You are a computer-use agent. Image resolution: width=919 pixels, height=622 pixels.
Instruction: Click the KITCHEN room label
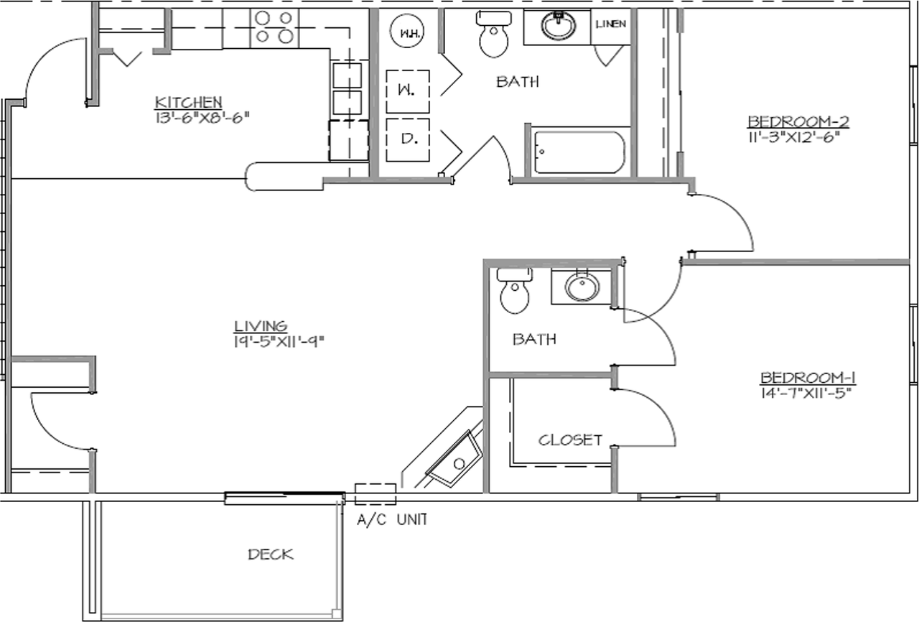188,102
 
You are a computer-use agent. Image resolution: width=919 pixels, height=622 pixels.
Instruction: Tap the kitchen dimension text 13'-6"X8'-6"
202,119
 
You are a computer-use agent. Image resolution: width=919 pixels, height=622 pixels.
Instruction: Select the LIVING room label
261,326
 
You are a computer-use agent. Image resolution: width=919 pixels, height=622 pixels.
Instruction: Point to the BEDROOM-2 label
798,121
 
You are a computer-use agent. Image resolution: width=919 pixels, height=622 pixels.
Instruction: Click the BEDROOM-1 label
808,378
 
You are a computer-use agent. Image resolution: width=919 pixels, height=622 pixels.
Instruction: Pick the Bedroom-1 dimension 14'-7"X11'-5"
806,393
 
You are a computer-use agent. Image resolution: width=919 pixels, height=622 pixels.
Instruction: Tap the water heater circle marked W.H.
406,32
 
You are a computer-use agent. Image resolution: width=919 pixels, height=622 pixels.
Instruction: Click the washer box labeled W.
408,91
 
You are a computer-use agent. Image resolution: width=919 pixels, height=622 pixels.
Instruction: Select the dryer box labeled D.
408,140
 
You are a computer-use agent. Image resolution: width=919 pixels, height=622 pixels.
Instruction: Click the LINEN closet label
611,24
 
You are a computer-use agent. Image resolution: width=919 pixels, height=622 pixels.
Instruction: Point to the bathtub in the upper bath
579,152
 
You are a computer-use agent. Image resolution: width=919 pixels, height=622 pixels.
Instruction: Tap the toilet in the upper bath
494,34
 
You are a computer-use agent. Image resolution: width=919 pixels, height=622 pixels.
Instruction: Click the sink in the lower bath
582,286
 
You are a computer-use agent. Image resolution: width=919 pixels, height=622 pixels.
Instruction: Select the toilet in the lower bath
515,291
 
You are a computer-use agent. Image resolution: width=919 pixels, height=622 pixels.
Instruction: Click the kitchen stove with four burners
274,28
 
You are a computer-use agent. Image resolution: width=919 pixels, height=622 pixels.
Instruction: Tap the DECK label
271,554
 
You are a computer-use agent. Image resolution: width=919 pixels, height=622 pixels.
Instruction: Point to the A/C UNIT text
392,519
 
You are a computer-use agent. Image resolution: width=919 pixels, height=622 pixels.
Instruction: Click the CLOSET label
570,440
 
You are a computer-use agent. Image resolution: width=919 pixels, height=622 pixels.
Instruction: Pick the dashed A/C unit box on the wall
375,494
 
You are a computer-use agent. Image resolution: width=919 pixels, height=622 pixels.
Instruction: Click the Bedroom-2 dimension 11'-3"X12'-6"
792,137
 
